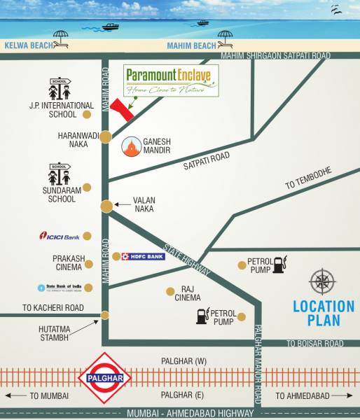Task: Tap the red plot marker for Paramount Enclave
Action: point(123,109)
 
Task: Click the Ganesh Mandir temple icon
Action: point(131,147)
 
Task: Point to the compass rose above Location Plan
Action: point(322,283)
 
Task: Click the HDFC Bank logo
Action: point(143,257)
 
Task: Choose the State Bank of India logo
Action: point(60,288)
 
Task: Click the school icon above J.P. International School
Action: point(61,89)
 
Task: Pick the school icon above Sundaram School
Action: point(60,174)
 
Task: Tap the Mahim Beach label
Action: point(191,46)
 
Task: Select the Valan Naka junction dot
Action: point(106,206)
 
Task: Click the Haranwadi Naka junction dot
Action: point(105,137)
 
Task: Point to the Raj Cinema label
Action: point(187,293)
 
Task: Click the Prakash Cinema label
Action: point(68,262)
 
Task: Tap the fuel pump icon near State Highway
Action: point(279,265)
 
